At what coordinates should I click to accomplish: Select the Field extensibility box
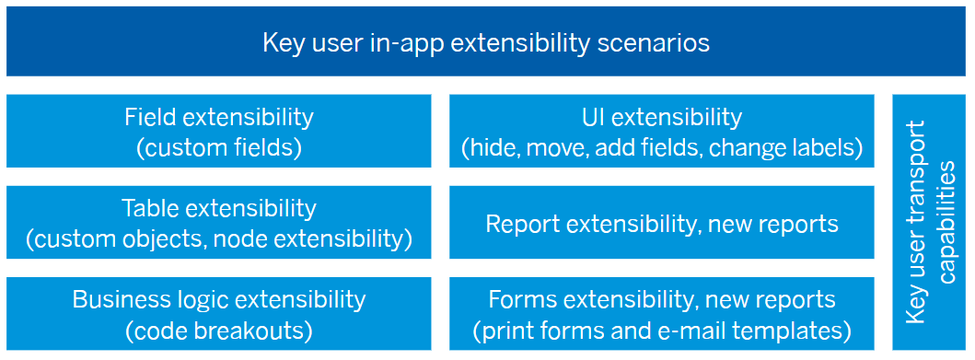[219, 131]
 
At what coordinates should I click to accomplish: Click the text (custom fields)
[219, 146]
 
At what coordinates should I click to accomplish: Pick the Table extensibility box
[219, 222]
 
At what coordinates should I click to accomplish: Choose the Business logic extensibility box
[219, 313]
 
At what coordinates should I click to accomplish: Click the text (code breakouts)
[219, 331]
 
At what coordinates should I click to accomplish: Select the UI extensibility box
[662, 131]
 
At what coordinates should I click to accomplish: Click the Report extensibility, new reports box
[662, 222]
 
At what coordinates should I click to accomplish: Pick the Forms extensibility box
[662, 313]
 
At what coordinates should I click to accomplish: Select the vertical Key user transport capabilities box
[929, 222]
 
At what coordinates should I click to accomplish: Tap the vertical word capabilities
[947, 222]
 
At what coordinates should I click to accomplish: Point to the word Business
[112, 299]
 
